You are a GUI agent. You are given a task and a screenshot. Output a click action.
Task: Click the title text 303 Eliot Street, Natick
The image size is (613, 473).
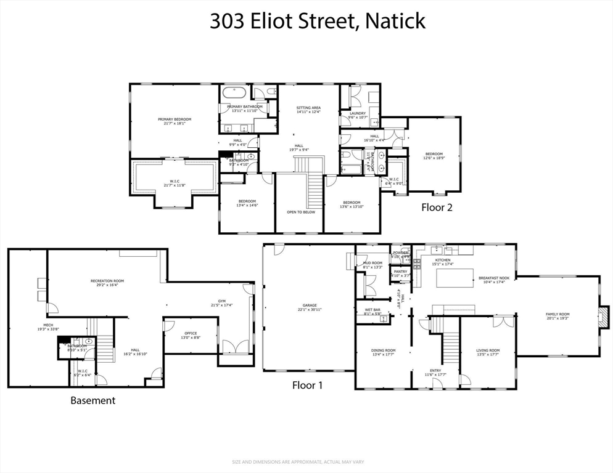318,21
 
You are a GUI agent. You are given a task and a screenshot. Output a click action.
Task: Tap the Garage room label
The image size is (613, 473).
309,306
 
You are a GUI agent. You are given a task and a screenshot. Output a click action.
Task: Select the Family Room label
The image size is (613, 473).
557,315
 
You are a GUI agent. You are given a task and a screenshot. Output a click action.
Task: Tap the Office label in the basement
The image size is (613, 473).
191,334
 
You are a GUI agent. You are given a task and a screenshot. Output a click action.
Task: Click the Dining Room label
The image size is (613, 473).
384,351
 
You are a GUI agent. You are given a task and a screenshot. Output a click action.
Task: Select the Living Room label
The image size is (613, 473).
487,351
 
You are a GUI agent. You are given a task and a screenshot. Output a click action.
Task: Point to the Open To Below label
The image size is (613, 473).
300,212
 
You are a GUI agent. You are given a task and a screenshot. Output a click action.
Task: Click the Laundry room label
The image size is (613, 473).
358,113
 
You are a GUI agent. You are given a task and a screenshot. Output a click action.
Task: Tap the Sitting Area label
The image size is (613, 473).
308,108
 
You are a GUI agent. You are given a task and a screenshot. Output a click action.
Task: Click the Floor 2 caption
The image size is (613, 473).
437,208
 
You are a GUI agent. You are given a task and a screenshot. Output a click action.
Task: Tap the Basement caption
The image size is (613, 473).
93,400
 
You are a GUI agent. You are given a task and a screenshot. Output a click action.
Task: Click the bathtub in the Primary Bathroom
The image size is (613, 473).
234,94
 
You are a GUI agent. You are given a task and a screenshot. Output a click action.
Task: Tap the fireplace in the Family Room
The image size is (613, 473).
605,315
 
